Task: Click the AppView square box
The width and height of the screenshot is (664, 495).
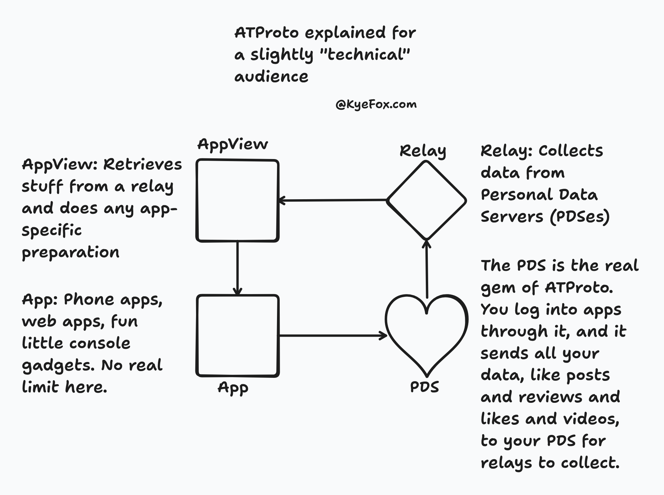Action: click(x=238, y=201)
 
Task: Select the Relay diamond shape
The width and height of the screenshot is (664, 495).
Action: click(x=426, y=201)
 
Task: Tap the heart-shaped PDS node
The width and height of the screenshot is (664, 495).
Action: click(x=426, y=334)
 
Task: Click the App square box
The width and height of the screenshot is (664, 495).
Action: click(x=238, y=336)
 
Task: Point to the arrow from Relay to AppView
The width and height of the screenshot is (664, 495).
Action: click(x=332, y=201)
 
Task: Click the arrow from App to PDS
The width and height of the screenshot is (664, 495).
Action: click(x=332, y=336)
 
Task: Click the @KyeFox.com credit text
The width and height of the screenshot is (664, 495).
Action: click(x=376, y=104)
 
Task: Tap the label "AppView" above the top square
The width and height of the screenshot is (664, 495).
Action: click(x=232, y=145)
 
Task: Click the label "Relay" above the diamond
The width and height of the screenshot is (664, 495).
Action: click(x=423, y=151)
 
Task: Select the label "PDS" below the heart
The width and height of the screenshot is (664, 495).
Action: click(x=424, y=387)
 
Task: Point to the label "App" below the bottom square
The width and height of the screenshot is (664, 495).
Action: click(x=233, y=388)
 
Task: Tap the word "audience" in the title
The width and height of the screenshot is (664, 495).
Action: click(x=271, y=77)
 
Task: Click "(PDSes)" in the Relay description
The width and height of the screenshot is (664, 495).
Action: click(x=580, y=217)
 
